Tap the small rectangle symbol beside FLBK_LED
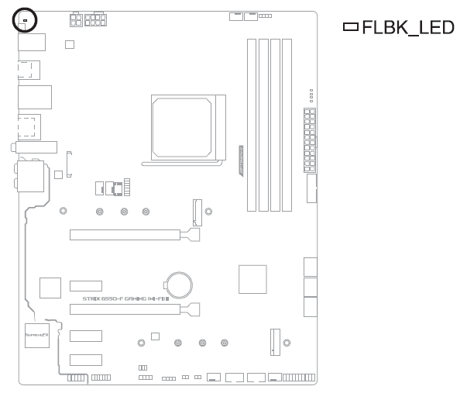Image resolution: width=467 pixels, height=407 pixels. tap(351, 28)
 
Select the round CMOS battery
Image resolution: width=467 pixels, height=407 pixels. tap(181, 283)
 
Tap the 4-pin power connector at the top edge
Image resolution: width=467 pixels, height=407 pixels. tap(76, 20)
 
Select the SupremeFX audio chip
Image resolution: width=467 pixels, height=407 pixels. tap(36, 335)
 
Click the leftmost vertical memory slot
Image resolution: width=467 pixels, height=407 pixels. tap(252, 124)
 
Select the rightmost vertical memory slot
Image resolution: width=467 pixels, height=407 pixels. tap(287, 124)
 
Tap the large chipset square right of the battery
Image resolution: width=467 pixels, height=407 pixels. tap(252, 278)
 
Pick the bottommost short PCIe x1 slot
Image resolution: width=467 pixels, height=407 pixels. tap(86, 360)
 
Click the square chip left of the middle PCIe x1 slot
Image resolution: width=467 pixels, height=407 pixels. tap(50, 288)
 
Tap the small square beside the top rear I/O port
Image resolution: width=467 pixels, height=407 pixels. tap(70, 45)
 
